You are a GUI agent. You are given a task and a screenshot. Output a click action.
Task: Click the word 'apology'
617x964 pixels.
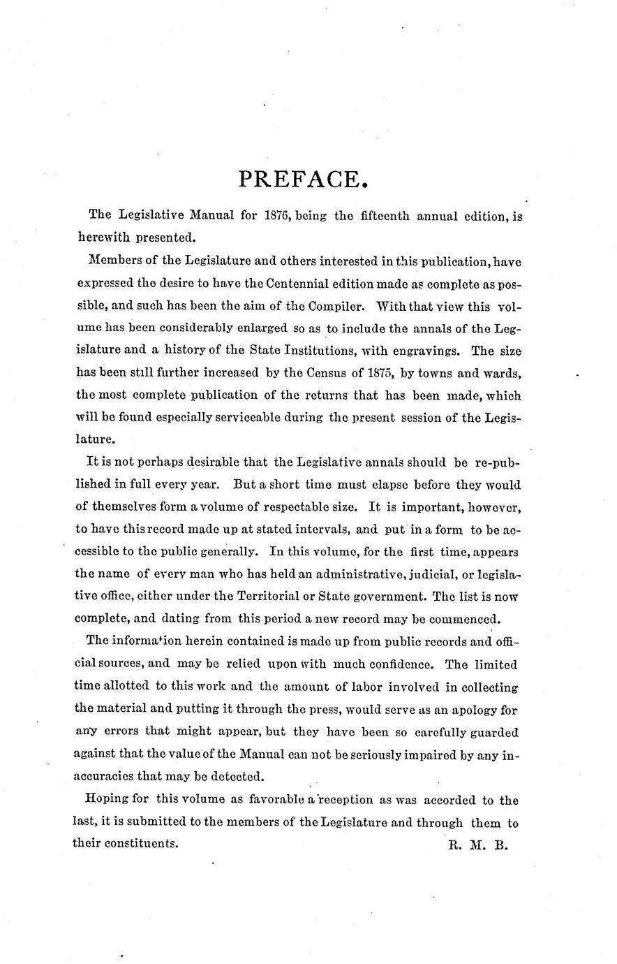click(x=473, y=709)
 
